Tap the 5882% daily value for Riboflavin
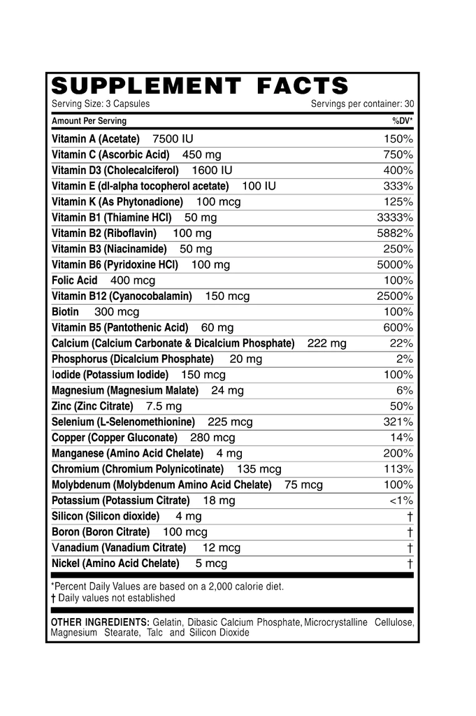pos(395,233)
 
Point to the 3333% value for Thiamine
pos(395,217)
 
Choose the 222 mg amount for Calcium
pos(326,343)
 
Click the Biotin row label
pos(65,312)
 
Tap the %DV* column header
pos(402,121)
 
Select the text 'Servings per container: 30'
pos(362,103)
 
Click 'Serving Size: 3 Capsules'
pos(101,103)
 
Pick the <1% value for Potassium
pos(399,501)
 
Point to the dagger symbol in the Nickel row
pos(410,564)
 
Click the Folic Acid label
pos(74,280)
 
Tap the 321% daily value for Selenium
pos(398,422)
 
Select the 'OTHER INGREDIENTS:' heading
pos(100,622)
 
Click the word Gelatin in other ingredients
pos(167,622)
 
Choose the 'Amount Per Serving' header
pos(89,121)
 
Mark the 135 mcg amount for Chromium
pos(259,469)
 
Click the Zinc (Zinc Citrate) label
pos(92,406)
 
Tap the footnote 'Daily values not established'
pos(117,598)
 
